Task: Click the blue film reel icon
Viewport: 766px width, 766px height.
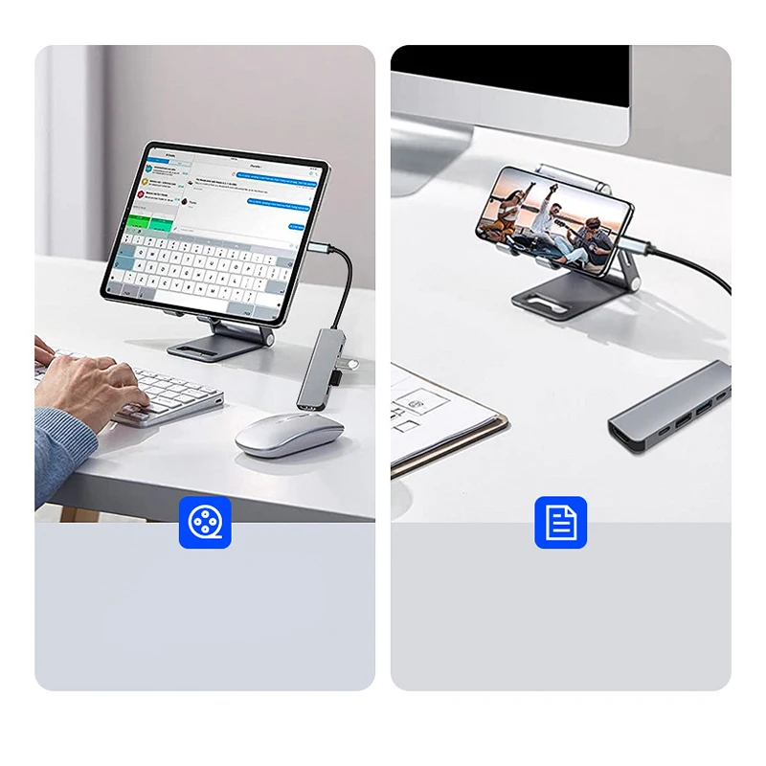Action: [205, 522]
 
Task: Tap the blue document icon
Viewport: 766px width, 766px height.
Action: [560, 522]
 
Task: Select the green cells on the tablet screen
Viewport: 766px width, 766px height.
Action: [151, 222]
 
